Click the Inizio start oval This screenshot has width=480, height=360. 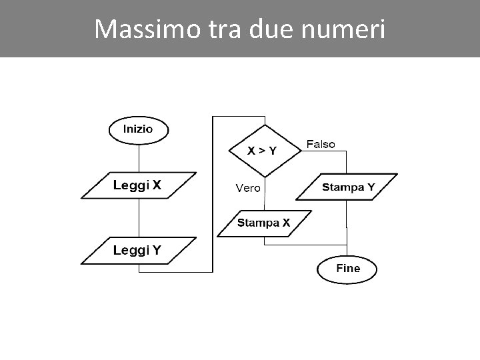[x=138, y=129]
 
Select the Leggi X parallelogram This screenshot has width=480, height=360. [x=139, y=186]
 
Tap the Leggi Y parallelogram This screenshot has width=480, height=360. [x=138, y=251]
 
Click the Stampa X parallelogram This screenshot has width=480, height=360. [x=264, y=223]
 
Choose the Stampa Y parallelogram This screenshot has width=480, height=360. [x=347, y=187]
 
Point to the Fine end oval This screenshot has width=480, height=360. [x=347, y=269]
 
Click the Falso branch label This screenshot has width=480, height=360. [x=321, y=144]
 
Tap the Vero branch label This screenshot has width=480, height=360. [x=247, y=188]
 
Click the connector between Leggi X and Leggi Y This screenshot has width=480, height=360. [x=139, y=218]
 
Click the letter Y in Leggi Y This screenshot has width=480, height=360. [x=156, y=251]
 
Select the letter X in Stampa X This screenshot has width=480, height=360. [x=286, y=223]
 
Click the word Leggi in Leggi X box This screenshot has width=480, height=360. [x=131, y=186]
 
